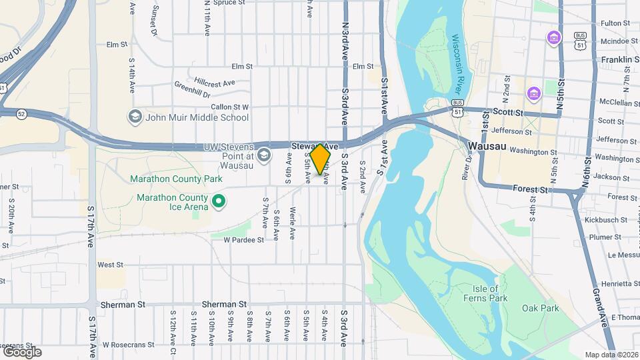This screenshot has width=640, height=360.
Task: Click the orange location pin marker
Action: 320,159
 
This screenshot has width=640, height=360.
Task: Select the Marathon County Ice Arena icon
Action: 217,201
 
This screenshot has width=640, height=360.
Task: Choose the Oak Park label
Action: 540,308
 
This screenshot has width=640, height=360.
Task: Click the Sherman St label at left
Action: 123,305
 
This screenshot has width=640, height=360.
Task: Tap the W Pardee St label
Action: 245,239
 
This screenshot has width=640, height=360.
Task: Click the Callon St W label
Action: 230,107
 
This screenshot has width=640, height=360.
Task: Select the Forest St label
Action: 530,189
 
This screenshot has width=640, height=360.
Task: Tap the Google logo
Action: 22,351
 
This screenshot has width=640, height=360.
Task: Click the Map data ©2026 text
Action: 611,355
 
